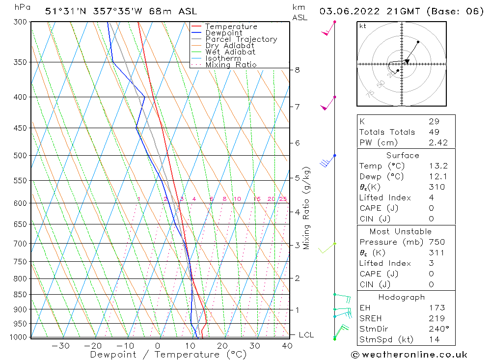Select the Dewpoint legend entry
click(x=223, y=33)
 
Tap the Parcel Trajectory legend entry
click(x=241, y=39)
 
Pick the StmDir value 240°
click(x=437, y=329)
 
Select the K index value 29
click(x=434, y=121)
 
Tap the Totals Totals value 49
click(x=434, y=132)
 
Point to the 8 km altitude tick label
click(x=297, y=70)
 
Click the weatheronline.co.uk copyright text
click(x=409, y=354)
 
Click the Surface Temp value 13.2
click(x=436, y=166)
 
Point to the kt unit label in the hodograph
click(x=362, y=26)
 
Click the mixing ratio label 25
click(x=283, y=199)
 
